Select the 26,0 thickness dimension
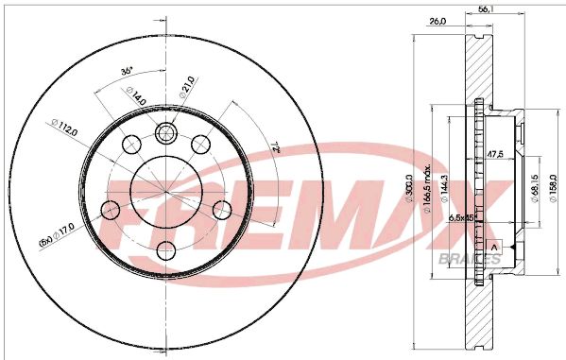click(x=437, y=22)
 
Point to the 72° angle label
click(x=269, y=145)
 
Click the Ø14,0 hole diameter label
click(x=136, y=94)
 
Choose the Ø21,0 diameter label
click(x=187, y=88)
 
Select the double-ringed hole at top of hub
click(x=167, y=131)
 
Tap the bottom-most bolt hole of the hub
click(x=167, y=249)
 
